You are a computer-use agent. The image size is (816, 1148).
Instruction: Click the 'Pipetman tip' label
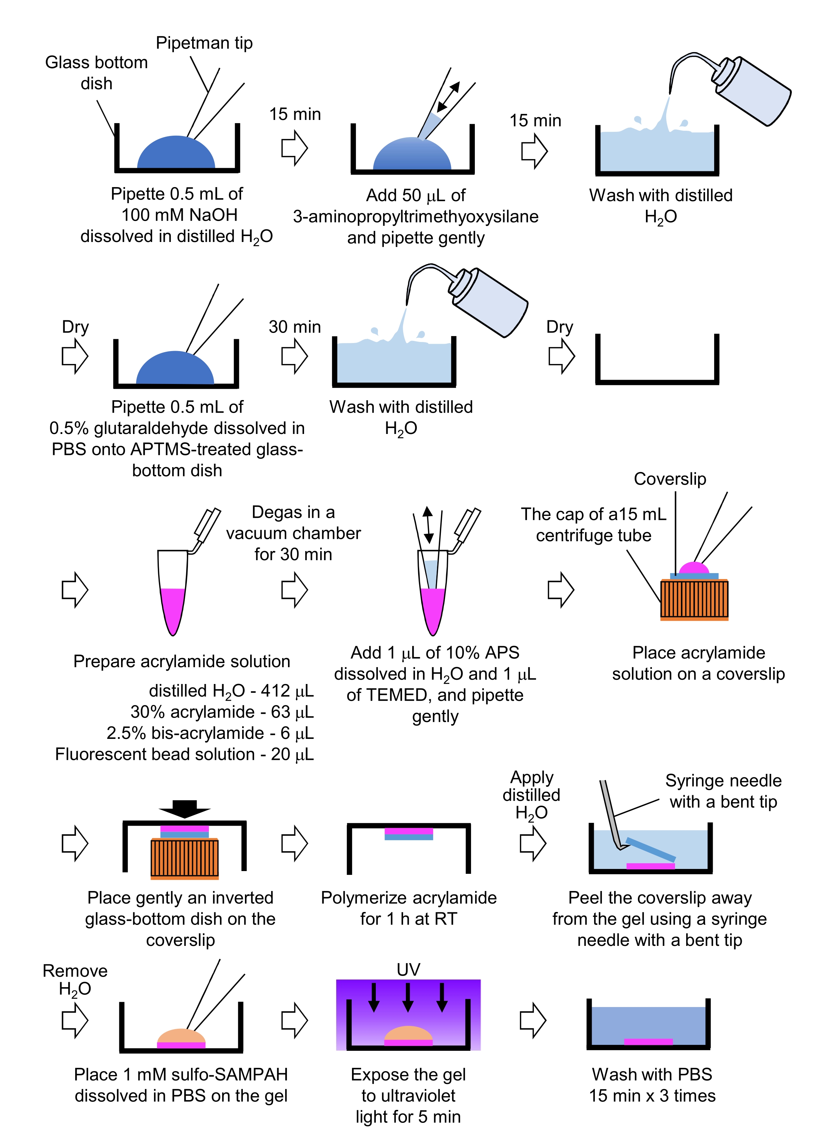204,43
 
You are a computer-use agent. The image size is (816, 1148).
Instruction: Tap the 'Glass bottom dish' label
97,73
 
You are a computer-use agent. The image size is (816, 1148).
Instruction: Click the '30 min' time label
294,327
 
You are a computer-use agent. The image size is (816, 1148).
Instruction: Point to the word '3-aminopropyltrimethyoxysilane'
416,216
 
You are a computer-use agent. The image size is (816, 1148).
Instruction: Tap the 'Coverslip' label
670,479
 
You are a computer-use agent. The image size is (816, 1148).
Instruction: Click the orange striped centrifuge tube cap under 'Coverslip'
694,600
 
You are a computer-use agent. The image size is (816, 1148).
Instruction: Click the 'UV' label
408,970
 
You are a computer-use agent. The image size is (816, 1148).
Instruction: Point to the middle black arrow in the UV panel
408,997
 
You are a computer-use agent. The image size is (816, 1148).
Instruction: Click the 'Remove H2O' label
75,979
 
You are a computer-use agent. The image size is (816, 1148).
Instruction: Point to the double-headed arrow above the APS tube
428,525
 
